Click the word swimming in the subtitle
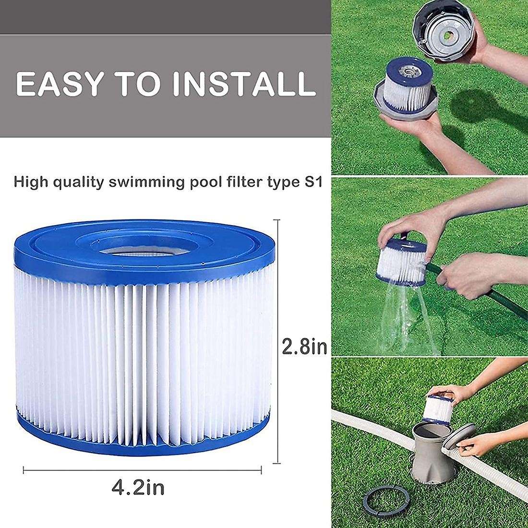[146, 183]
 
